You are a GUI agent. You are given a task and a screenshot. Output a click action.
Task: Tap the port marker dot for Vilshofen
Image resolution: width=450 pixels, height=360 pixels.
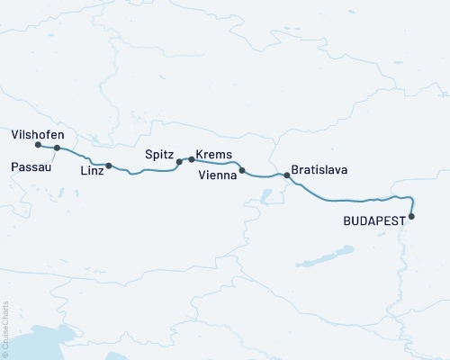coord(38,145)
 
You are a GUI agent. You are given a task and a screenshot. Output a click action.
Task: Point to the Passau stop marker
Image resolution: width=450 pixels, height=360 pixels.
coord(57,148)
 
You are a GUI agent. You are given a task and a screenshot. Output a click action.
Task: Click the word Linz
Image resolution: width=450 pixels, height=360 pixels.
coord(92,170)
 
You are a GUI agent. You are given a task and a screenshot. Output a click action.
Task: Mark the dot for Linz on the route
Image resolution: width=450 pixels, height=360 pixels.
coord(109,166)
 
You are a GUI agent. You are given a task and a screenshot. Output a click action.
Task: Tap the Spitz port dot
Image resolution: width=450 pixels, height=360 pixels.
coord(179,162)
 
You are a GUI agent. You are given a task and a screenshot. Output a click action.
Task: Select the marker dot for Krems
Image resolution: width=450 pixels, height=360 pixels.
coord(192,159)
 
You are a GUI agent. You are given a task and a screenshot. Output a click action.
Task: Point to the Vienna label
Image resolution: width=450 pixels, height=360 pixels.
coord(217,176)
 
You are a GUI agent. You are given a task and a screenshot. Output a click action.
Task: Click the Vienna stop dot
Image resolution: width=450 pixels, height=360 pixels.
coord(242,170)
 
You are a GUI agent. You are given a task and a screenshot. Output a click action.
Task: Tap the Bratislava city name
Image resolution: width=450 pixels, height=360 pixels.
coord(319,169)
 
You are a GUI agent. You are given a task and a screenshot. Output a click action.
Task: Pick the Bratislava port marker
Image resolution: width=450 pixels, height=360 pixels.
coord(287,175)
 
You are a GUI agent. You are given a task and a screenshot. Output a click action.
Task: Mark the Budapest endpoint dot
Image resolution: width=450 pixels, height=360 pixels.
coord(412,216)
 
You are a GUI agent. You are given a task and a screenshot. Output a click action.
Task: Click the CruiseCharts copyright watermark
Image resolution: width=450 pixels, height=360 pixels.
coord(6,328)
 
